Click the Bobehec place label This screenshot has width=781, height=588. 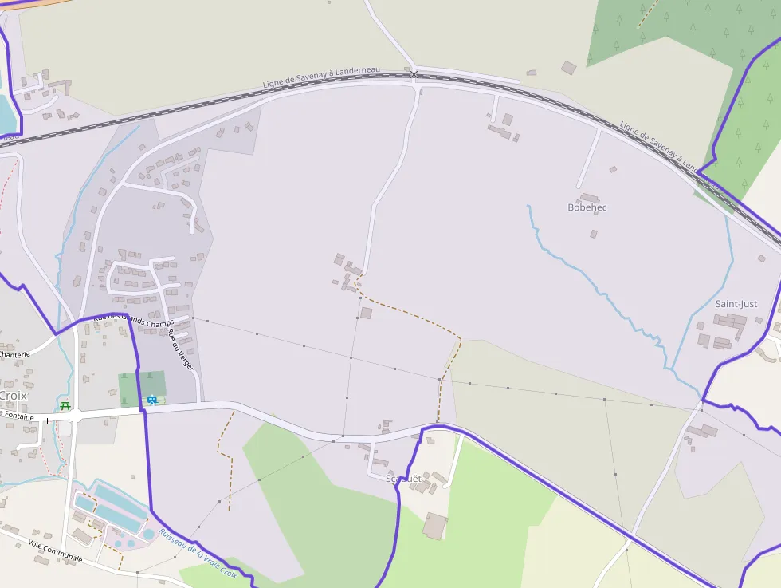[587, 207]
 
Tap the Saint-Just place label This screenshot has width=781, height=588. [736, 304]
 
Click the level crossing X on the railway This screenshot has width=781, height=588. [414, 74]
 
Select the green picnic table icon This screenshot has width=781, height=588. [65, 404]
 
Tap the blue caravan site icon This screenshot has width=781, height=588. [151, 399]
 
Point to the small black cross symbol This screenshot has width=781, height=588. [48, 420]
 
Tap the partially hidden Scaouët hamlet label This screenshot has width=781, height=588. [402, 479]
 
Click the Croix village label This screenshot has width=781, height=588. [13, 396]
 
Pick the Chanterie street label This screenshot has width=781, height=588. [14, 354]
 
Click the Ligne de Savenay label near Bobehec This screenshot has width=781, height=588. [661, 148]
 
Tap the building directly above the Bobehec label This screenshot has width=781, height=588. [590, 198]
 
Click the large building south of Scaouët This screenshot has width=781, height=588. [435, 526]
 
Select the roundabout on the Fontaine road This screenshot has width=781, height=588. [74, 416]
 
